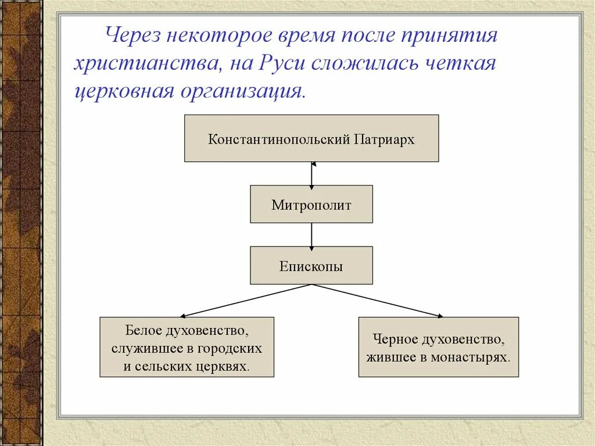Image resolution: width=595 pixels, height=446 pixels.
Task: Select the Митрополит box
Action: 311,205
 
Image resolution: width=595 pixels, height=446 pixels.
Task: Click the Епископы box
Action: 311,266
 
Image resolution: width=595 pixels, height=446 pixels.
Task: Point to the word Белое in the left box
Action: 142,330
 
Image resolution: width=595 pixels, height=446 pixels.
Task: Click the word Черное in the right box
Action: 396,338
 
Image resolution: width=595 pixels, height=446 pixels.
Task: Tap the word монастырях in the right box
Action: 470,357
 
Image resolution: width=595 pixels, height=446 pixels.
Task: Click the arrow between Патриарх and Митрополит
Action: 311,174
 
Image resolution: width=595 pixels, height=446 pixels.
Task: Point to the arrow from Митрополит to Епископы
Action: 311,235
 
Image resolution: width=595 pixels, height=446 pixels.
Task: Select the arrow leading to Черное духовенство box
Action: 378,301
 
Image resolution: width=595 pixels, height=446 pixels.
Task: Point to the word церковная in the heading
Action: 120,91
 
